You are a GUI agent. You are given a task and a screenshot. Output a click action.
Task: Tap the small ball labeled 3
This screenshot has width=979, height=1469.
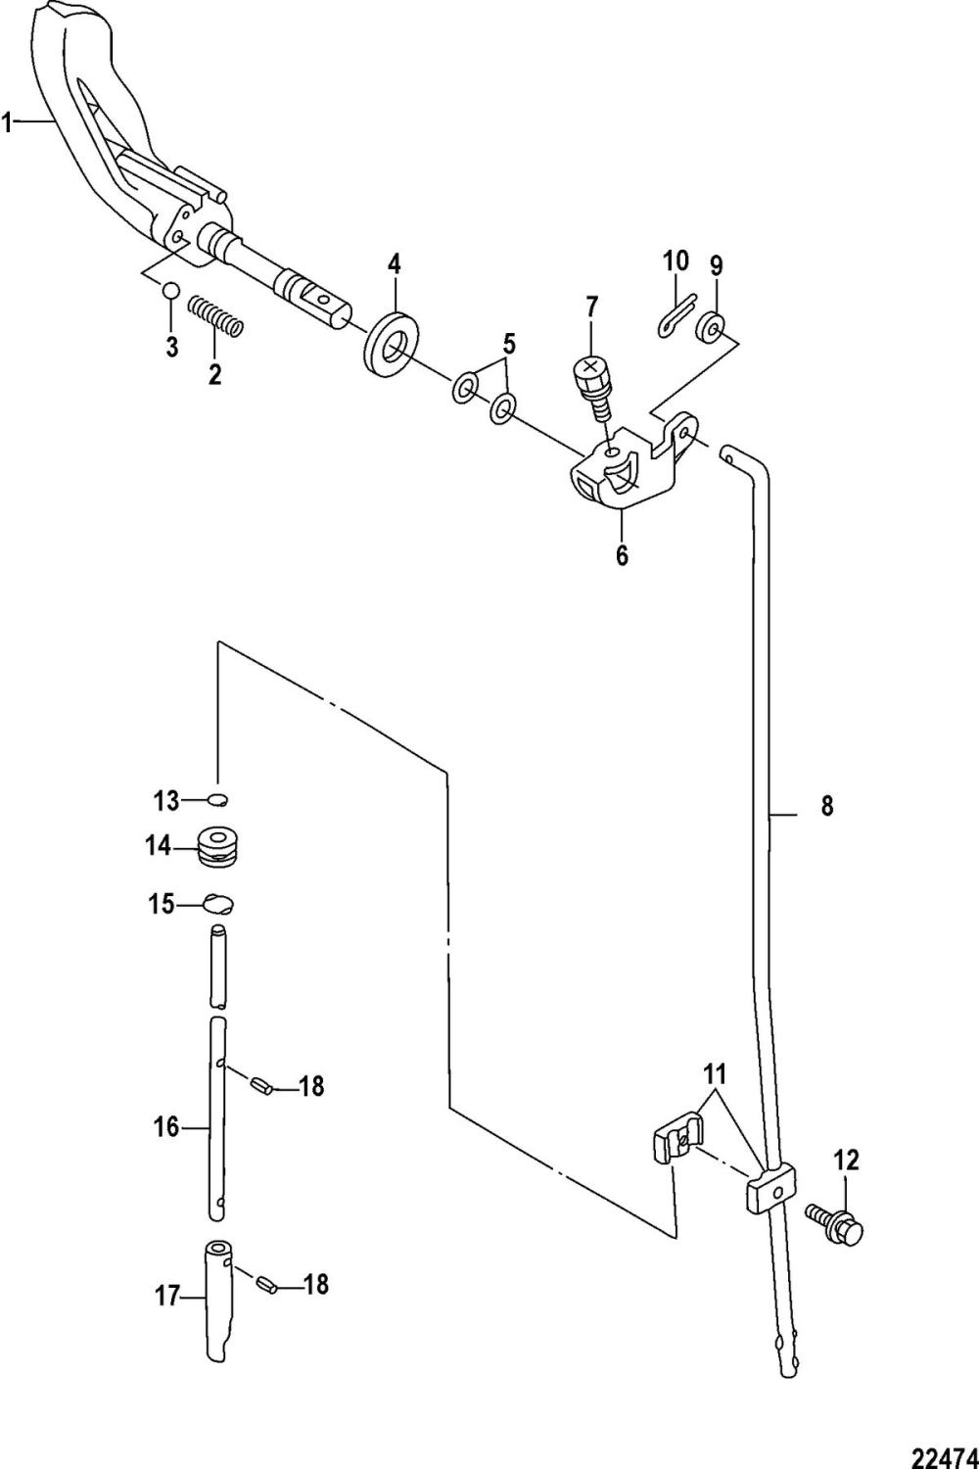coord(170,291)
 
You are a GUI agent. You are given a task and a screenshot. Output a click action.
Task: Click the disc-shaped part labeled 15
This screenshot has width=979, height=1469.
coord(219,903)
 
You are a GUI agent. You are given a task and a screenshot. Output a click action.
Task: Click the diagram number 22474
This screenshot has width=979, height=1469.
coord(943,1434)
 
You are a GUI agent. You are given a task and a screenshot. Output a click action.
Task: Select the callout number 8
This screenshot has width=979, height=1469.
coord(827,806)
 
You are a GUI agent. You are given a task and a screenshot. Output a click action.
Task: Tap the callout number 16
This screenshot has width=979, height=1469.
coord(166,1127)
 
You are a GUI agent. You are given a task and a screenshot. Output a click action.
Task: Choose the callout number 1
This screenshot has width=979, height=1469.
coord(8,122)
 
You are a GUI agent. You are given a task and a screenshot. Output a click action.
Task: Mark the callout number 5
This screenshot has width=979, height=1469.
coord(509,344)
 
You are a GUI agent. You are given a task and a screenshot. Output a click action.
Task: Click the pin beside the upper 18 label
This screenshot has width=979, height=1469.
coord(259,1084)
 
